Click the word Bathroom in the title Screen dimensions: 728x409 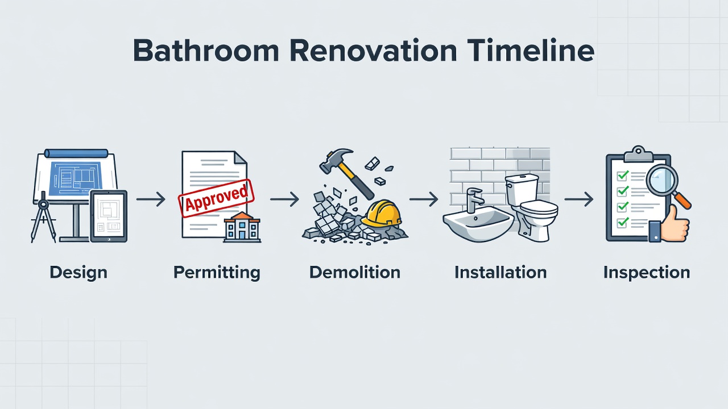[206, 51]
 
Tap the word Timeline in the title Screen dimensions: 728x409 [531, 51]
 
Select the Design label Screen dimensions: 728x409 [78, 273]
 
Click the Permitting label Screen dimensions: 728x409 [217, 273]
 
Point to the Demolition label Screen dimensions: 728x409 [355, 272]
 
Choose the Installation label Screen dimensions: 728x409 [500, 272]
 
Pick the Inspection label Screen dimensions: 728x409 [647, 273]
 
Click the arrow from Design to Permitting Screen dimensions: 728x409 [151, 199]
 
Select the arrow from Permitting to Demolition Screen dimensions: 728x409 [285, 199]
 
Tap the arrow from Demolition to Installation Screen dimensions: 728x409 [424, 199]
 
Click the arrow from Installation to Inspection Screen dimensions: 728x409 [579, 199]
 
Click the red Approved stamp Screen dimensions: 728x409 [216, 198]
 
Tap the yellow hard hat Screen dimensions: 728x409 [382, 213]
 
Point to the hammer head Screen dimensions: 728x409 [335, 160]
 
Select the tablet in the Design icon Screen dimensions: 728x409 [109, 216]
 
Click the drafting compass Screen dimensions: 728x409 [43, 217]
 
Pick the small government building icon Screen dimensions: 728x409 [242, 227]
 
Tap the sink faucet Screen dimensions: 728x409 [474, 199]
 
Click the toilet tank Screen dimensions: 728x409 [522, 190]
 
